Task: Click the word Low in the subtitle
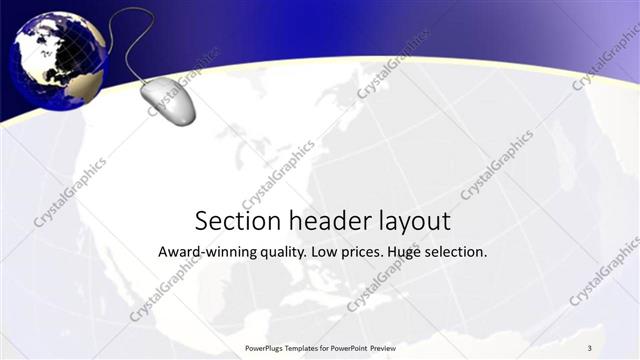pos(325,252)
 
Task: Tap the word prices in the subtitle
pos(363,252)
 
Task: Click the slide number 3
pos(590,347)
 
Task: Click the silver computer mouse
pos(168,101)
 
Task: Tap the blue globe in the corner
pos(57,59)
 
